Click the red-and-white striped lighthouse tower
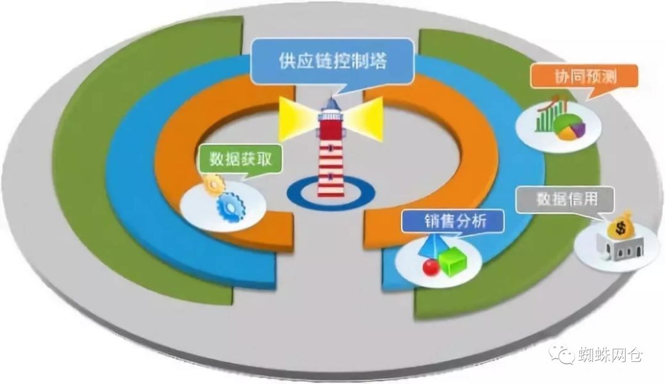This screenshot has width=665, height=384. [x=331, y=154]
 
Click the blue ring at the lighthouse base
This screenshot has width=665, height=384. [x=331, y=190]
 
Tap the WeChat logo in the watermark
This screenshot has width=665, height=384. [x=562, y=354]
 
